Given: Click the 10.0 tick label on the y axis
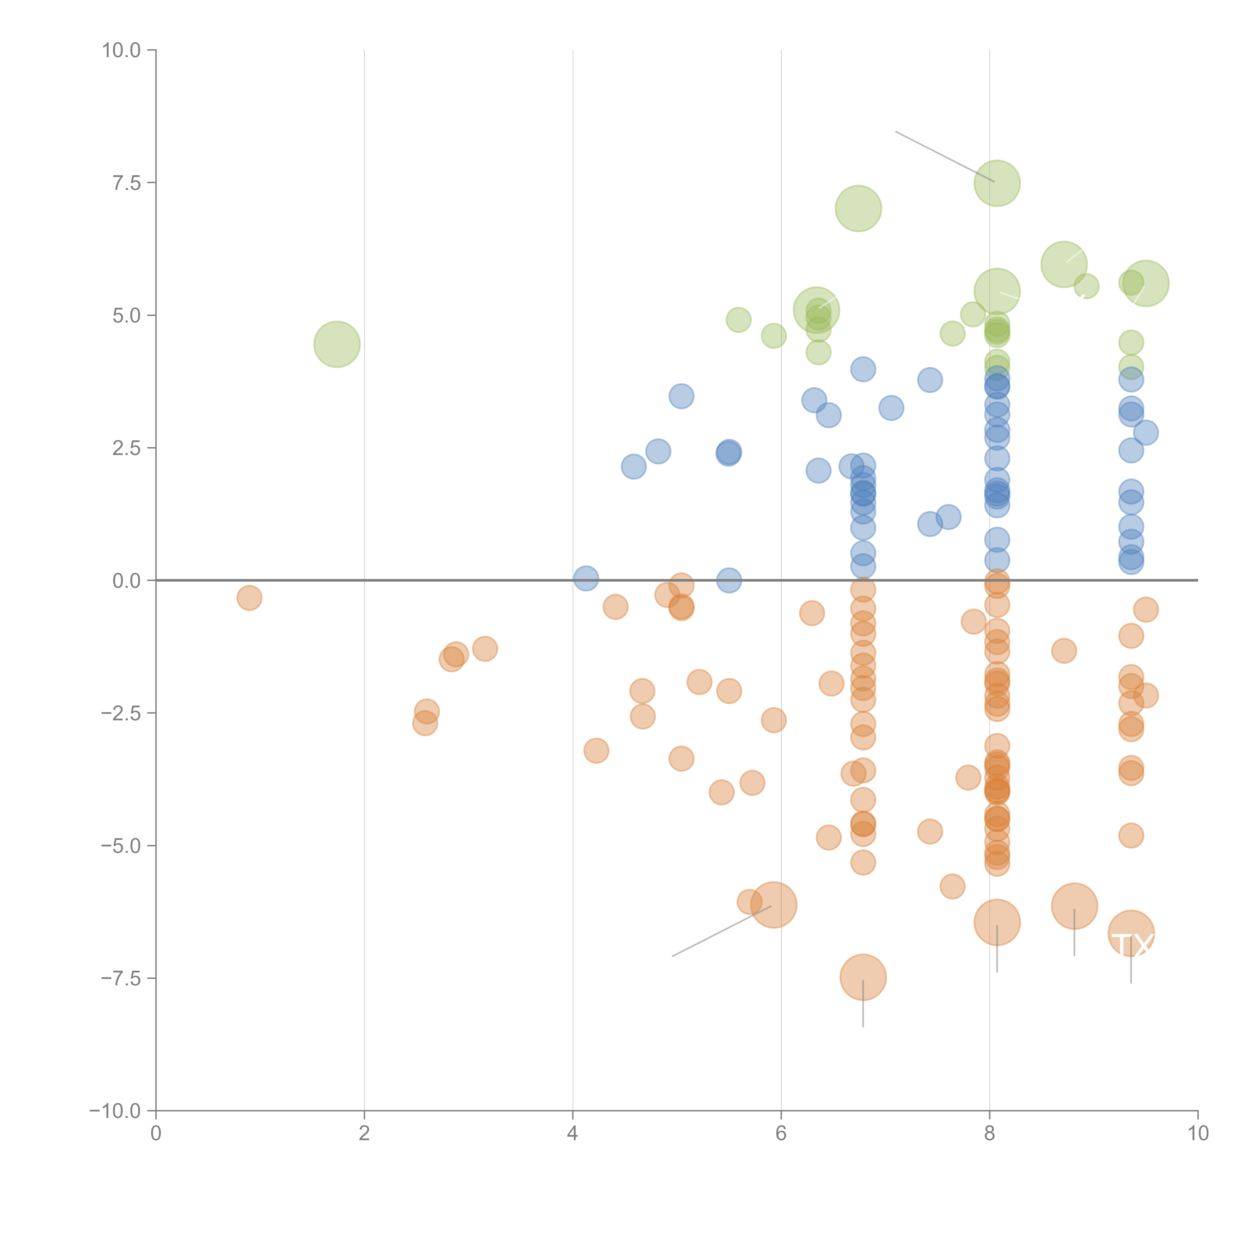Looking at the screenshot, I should [122, 50].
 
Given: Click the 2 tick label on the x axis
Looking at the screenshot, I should [364, 1134].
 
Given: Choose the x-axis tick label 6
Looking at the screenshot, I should [781, 1134].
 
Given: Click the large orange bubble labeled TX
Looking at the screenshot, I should [1130, 934].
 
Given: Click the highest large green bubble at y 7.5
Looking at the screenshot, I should [997, 183].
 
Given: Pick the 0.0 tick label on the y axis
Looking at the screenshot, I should [127, 581].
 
